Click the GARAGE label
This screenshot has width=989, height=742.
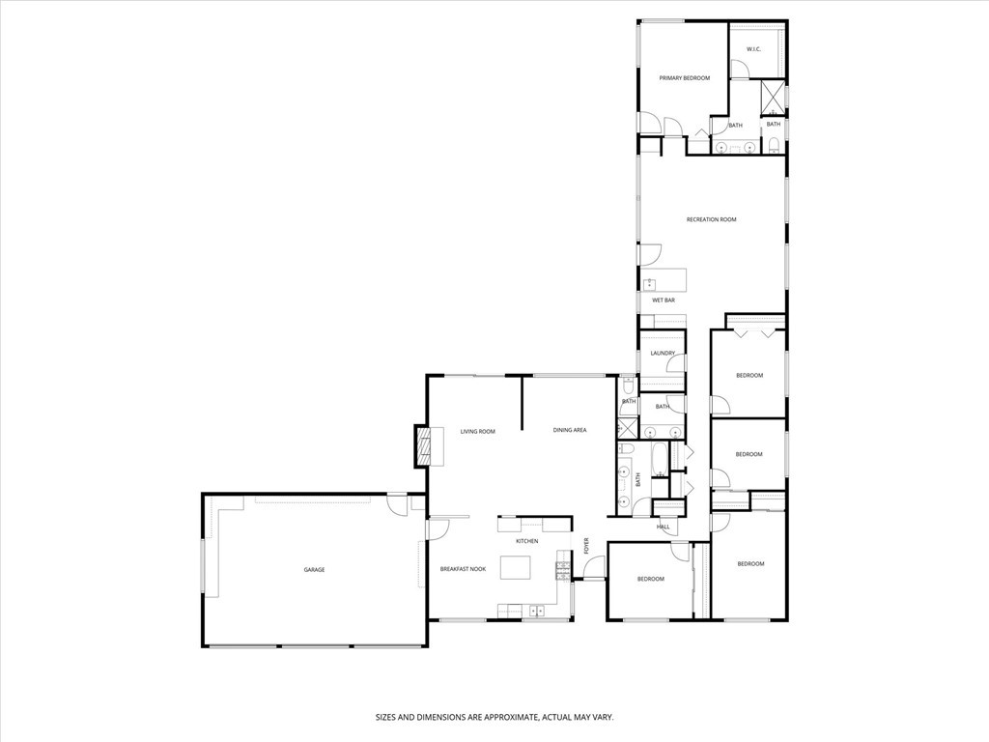tap(314, 570)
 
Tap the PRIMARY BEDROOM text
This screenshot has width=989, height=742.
tap(685, 78)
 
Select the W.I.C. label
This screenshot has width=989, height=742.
tap(753, 49)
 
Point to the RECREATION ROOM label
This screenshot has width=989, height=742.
tap(712, 219)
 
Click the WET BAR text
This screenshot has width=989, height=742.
tap(664, 300)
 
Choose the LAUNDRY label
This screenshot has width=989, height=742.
tap(663, 354)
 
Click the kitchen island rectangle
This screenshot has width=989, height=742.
tap(516, 567)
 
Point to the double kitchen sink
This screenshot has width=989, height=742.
tap(537, 611)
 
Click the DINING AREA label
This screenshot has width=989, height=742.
tap(570, 430)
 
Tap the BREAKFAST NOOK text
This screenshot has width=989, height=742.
tap(463, 569)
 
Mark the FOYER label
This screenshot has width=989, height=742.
tap(586, 547)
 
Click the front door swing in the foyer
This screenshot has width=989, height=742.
tap(594, 567)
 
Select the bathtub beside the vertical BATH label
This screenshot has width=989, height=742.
tap(659, 460)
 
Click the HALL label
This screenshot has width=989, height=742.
tap(663, 527)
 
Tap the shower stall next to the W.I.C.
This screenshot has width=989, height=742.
tap(773, 98)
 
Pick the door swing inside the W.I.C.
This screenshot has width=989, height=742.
tap(739, 70)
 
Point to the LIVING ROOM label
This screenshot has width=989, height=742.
tap(477, 432)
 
